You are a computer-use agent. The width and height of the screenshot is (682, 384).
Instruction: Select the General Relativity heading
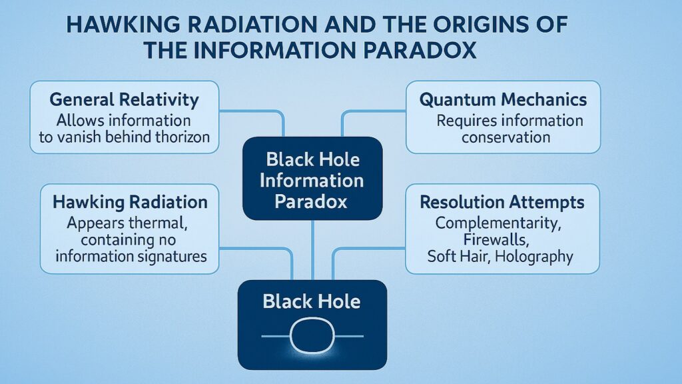(124, 101)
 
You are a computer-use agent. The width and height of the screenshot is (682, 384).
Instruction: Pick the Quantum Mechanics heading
(503, 101)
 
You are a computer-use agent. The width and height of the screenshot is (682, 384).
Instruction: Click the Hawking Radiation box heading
(130, 202)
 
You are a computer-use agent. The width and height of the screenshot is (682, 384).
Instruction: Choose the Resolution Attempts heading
(502, 202)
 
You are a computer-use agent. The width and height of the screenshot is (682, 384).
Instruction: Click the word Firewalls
(503, 239)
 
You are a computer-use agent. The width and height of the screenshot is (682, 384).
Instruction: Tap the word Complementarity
(503, 222)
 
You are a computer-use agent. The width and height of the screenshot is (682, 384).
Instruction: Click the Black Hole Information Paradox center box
(312, 180)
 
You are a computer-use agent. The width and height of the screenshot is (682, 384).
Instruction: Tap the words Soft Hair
(459, 257)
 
